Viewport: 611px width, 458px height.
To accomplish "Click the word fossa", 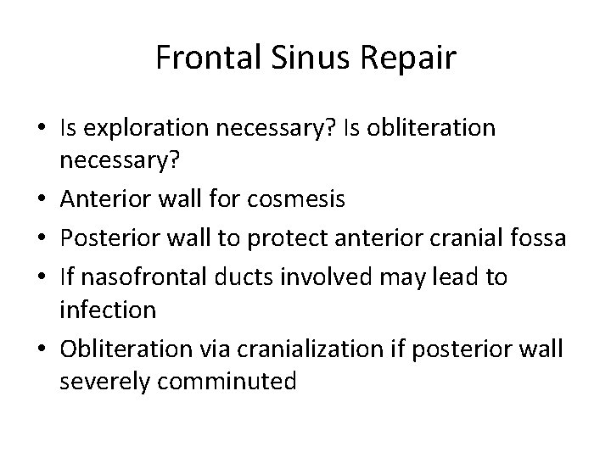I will click(535, 239).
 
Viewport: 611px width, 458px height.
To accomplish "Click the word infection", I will click(108, 310).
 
